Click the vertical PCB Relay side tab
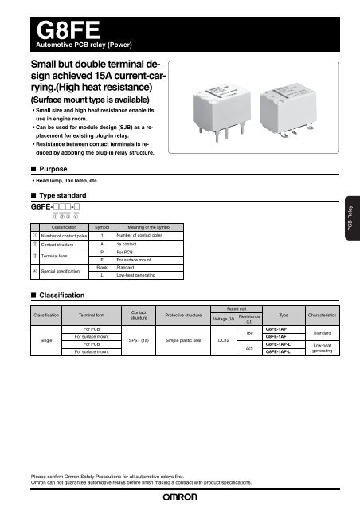click(x=351, y=230)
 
